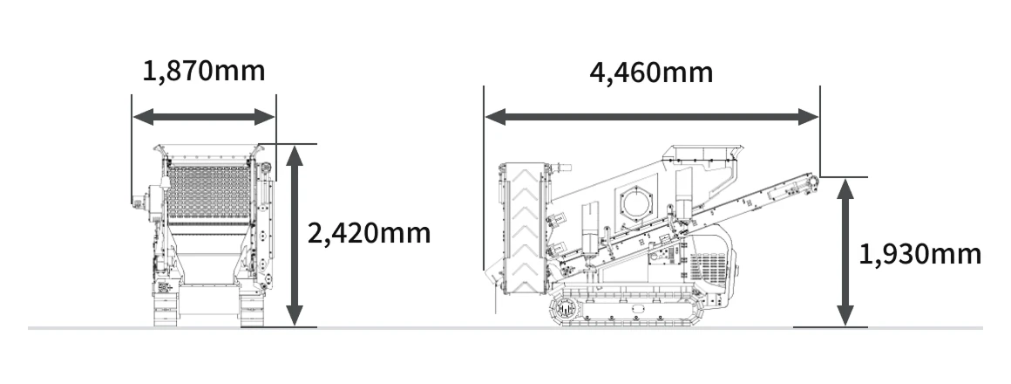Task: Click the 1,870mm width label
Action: coord(204,71)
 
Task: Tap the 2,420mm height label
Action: coord(369,233)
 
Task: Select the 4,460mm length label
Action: coord(651,73)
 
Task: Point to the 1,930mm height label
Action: coord(920,254)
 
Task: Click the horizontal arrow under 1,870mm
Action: coord(204,117)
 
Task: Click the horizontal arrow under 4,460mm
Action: coord(651,117)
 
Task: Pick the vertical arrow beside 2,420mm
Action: coord(295,236)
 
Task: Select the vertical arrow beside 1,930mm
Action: coord(845,252)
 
